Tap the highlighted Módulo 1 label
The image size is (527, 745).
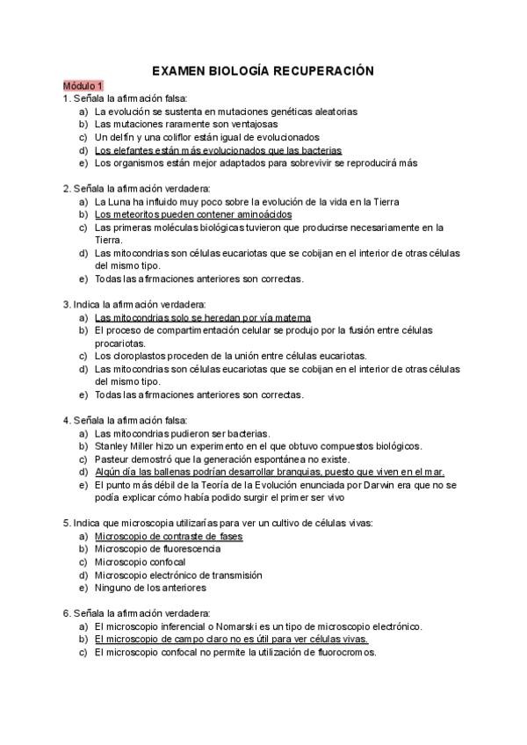[x=83, y=86]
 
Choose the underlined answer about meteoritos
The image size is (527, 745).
[x=193, y=213]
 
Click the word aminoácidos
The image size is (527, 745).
[x=263, y=213]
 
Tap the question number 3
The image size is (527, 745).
[x=66, y=304]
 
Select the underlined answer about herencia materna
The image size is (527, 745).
[x=203, y=317]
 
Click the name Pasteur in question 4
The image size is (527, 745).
[x=112, y=459]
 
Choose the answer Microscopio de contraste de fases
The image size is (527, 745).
[x=169, y=536]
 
